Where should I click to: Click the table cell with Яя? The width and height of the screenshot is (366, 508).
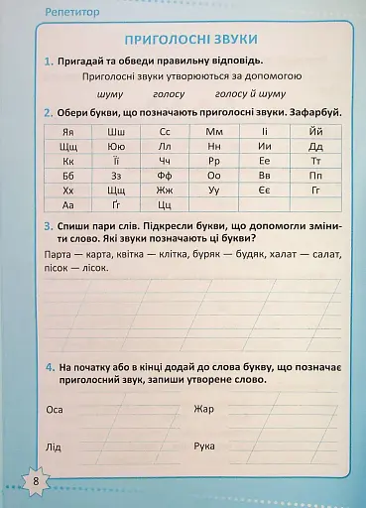pyautogui.click(x=68, y=131)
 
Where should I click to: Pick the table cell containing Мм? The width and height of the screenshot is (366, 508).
pyautogui.click(x=214, y=131)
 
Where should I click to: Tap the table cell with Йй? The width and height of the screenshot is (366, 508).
pyautogui.click(x=315, y=131)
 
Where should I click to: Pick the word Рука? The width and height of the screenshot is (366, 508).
pyautogui.click(x=205, y=446)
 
